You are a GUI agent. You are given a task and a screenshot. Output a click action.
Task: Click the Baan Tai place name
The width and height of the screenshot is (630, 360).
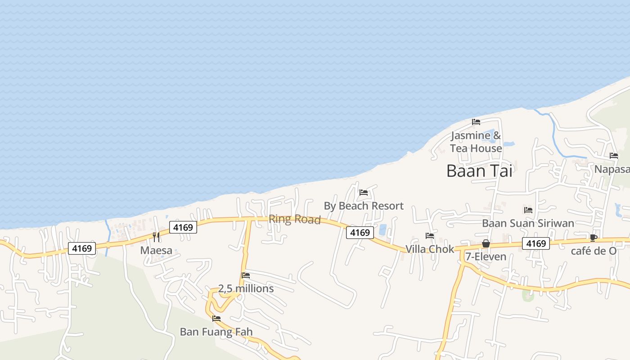point(479,171)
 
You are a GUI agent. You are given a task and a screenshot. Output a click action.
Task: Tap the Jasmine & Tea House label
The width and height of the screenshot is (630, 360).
point(476,142)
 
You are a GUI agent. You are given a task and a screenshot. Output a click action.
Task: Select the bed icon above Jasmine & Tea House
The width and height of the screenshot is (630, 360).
point(476,122)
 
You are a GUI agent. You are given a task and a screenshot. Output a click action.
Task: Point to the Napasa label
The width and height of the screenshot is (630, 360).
point(612,169)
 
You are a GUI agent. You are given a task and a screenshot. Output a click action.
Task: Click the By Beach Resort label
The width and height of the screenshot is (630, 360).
point(364,206)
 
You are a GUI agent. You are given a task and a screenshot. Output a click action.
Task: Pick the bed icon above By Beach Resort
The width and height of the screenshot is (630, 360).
point(364,193)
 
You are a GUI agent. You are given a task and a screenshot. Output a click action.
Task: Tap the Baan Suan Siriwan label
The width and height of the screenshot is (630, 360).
point(528,223)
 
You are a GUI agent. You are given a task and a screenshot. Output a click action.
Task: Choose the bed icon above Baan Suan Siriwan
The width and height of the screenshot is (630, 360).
point(528,210)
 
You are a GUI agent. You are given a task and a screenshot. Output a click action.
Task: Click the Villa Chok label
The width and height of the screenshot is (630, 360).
point(430,249)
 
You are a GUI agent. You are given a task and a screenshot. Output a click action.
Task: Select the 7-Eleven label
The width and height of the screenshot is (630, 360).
point(486,256)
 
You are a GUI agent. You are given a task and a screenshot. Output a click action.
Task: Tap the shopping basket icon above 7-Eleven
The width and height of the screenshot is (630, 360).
point(486,243)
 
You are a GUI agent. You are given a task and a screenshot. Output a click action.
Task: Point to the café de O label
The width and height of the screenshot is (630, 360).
point(594,251)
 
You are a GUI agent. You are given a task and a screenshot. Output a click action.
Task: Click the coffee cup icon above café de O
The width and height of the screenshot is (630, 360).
point(594,238)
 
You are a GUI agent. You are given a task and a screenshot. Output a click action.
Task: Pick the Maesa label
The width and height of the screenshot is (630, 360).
point(156,250)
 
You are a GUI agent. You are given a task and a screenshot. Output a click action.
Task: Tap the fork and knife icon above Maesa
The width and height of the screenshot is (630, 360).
point(156,237)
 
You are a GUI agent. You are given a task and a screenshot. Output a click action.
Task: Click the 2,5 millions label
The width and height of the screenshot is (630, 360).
point(246,288)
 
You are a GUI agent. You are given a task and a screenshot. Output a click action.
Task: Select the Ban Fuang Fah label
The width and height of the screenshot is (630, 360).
point(216,332)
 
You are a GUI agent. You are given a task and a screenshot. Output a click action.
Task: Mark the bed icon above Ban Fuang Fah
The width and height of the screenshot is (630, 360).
point(216,319)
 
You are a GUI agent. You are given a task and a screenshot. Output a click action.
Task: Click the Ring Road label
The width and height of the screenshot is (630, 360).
point(294,220)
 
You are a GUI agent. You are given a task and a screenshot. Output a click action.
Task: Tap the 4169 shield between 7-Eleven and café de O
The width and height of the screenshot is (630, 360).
point(536,243)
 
